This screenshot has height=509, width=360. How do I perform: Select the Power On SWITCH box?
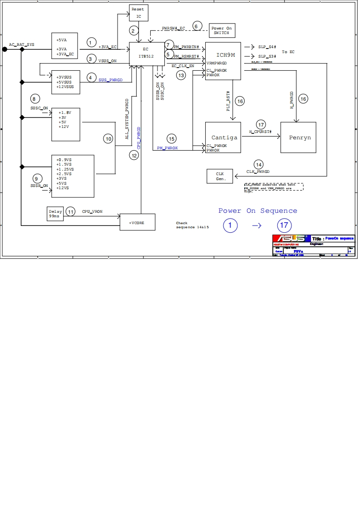(x=222, y=31)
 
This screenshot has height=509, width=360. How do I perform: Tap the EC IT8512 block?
(x=146, y=53)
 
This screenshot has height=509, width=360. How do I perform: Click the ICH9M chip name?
(x=226, y=54)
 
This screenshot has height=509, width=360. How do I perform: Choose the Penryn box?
(x=300, y=137)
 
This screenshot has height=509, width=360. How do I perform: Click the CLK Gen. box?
(x=220, y=176)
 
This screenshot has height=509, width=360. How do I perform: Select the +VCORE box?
(x=137, y=223)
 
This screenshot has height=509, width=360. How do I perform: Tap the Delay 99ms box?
(x=56, y=214)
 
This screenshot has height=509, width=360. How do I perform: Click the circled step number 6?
(x=197, y=26)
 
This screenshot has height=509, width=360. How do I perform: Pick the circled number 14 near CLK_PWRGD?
(x=258, y=164)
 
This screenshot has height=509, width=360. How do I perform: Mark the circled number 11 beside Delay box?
(x=70, y=211)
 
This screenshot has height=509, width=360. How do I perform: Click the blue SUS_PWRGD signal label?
(x=111, y=79)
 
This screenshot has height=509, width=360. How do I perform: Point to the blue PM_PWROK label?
(x=168, y=148)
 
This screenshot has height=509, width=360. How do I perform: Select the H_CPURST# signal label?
(x=260, y=132)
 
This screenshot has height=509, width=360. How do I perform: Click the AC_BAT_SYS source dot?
(x=5, y=49)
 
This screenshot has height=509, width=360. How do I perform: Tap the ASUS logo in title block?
(x=291, y=239)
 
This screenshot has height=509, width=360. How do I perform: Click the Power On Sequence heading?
(x=257, y=211)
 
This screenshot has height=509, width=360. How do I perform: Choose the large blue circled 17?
(x=285, y=225)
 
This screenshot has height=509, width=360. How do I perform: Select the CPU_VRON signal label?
(x=92, y=212)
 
